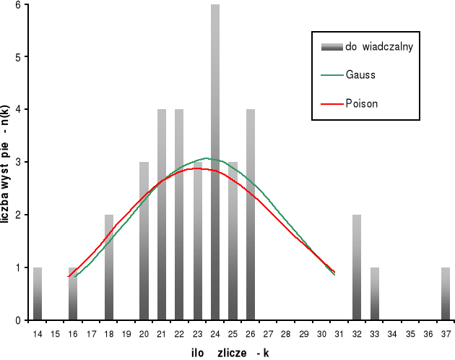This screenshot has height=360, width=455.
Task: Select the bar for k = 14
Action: pyautogui.click(x=38, y=293)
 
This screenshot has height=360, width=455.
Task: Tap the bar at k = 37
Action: pyautogui.click(x=446, y=293)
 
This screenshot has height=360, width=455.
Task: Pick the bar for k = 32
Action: pyautogui.click(x=357, y=267)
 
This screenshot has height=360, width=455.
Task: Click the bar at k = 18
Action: pyautogui.click(x=108, y=267)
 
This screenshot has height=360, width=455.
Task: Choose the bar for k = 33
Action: pyautogui.click(x=375, y=293)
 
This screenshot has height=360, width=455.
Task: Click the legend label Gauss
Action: pyautogui.click(x=360, y=74)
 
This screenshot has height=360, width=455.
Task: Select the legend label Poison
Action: pyautogui.click(x=362, y=104)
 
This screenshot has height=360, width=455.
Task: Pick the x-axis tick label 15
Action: pyautogui.click(x=56, y=335)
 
